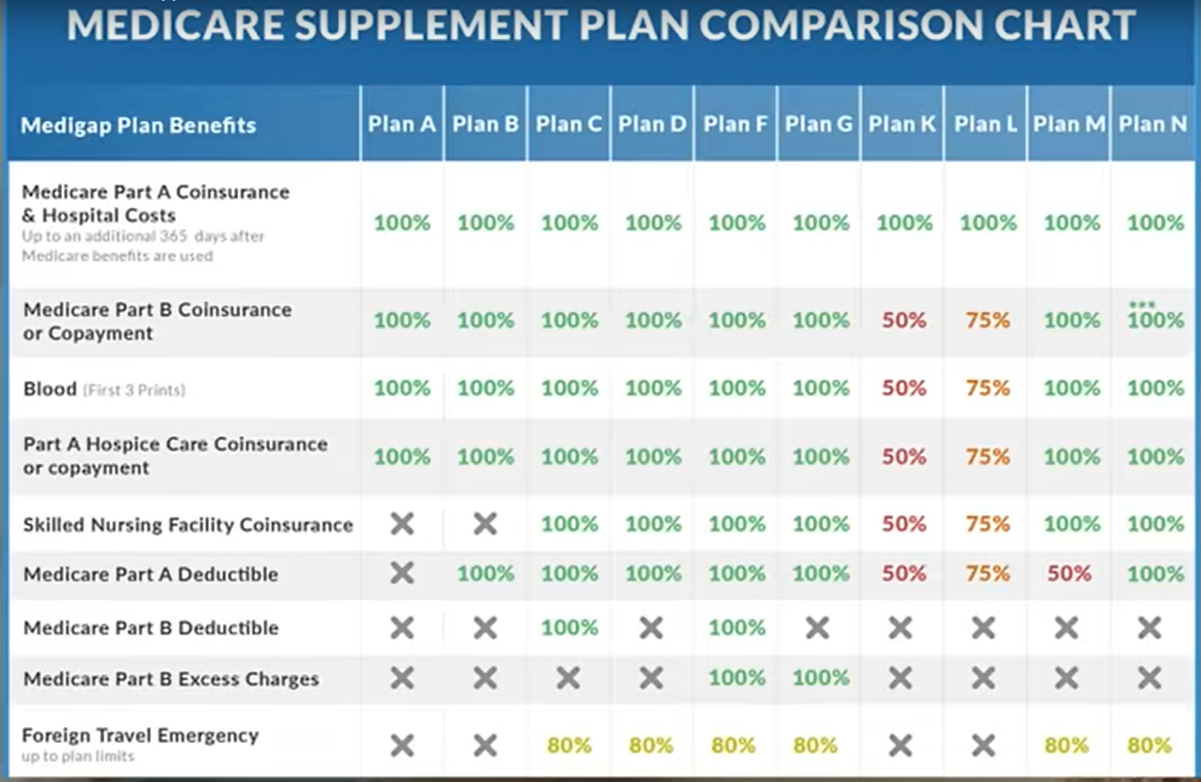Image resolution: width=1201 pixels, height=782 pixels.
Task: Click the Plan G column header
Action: [819, 124]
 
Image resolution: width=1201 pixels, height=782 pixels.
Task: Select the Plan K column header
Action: [902, 124]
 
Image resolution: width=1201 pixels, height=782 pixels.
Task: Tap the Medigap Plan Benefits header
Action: [139, 126]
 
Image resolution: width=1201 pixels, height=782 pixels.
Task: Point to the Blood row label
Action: [50, 389]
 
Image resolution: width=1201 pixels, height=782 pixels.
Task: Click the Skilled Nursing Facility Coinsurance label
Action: [187, 525]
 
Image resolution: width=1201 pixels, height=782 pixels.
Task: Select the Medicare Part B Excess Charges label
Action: [171, 679]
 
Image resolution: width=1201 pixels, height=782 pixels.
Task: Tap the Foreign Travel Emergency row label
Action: [140, 735]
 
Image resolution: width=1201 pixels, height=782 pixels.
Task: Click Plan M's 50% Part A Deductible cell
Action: [1069, 573]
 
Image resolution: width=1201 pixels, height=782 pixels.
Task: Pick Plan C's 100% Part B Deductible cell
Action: [569, 627]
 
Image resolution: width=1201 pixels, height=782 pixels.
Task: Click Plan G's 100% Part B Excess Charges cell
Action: [820, 678]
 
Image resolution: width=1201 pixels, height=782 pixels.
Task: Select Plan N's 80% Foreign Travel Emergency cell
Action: [1149, 745]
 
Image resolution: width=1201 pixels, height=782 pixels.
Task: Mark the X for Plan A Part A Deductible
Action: [402, 573]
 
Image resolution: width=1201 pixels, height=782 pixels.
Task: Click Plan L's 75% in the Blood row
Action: [988, 388]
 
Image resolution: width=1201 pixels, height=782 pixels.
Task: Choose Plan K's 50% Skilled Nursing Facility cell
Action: [903, 524]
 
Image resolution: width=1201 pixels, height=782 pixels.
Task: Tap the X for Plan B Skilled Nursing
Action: [486, 524]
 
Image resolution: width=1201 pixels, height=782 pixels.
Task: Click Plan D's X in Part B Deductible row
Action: [651, 627]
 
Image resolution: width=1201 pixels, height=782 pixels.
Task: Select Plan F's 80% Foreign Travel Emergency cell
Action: [733, 745]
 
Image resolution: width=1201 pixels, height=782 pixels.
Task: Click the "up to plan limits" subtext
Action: [78, 757]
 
